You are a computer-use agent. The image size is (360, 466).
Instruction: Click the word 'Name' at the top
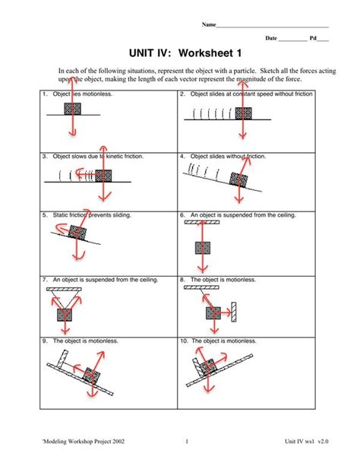click(x=208, y=25)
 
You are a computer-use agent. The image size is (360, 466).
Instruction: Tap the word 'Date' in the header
click(x=271, y=38)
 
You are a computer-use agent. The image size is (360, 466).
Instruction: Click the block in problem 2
click(x=243, y=114)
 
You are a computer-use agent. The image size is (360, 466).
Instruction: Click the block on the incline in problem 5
click(x=77, y=233)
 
